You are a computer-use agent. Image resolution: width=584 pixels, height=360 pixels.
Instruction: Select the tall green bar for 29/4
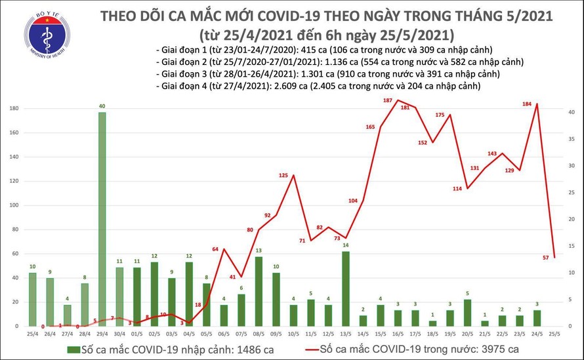[x=101, y=219]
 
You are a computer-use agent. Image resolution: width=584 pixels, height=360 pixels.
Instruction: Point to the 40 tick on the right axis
[x=572, y=112]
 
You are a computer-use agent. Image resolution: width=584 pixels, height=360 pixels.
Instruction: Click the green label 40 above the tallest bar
[x=101, y=106]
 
